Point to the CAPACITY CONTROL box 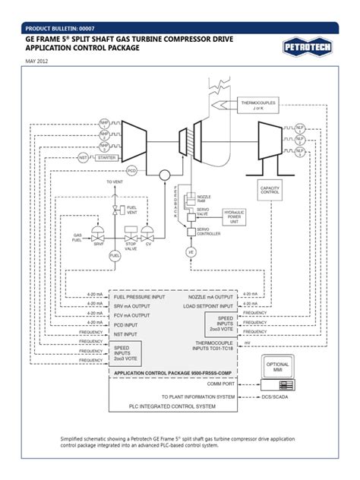[271, 190]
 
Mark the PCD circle [131, 172]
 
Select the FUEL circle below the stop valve [115, 257]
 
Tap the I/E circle [191, 251]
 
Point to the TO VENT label [115, 182]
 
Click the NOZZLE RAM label [204, 199]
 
